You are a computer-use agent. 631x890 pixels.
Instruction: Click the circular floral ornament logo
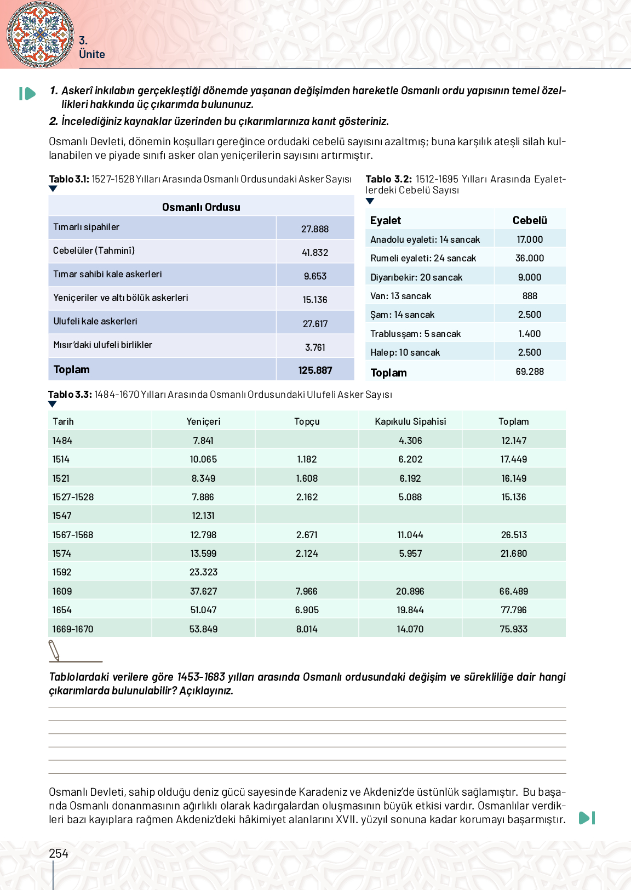click(40, 34)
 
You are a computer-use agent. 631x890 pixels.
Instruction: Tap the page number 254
click(59, 853)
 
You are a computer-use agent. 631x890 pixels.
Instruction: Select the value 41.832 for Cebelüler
click(315, 253)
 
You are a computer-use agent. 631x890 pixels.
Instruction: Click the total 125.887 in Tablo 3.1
click(315, 370)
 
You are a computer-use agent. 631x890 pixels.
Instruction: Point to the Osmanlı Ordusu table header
click(201, 207)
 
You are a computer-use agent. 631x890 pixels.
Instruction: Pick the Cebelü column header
click(530, 220)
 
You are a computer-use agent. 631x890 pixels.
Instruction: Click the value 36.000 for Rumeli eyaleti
click(530, 258)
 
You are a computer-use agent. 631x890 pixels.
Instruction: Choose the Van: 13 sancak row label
click(401, 296)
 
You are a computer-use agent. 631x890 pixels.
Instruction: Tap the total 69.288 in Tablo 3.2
click(530, 372)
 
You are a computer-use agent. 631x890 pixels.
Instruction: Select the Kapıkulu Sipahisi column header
click(410, 421)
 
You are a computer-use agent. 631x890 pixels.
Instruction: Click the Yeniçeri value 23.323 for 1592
click(203, 572)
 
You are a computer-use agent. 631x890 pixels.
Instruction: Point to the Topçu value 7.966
click(307, 591)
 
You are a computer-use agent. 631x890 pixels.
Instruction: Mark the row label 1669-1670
click(73, 629)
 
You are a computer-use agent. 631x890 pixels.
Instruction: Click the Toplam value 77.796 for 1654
click(513, 610)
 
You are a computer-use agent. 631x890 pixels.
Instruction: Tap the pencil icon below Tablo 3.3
click(54, 651)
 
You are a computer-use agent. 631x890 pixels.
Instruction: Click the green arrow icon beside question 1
click(27, 94)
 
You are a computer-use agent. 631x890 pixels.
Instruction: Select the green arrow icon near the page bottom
click(587, 818)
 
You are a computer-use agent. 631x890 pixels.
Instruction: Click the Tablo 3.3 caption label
click(70, 395)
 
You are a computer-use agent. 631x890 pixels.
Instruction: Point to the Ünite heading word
click(92, 54)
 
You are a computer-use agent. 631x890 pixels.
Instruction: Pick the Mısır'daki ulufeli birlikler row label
click(103, 345)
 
